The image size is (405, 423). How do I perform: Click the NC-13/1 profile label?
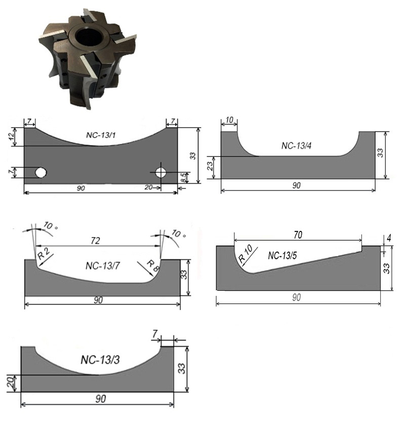click(x=101, y=135)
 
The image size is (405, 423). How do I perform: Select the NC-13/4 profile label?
click(x=296, y=146)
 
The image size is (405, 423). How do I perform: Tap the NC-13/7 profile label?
click(x=102, y=266)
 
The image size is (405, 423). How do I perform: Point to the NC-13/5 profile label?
click(x=282, y=255)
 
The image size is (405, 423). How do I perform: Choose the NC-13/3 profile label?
click(x=100, y=360)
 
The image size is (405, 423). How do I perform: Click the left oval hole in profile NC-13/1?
click(x=41, y=172)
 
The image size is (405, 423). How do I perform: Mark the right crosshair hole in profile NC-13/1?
click(x=160, y=173)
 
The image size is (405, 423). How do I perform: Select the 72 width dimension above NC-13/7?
click(x=95, y=240)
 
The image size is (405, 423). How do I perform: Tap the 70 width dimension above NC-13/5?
click(x=298, y=235)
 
